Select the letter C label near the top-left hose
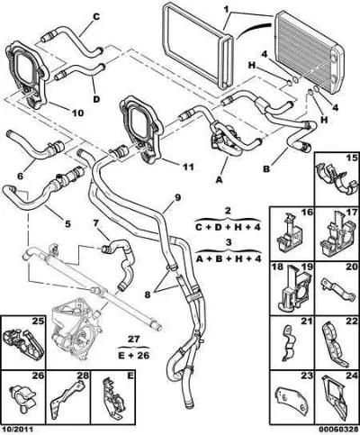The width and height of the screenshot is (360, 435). pos(95,17)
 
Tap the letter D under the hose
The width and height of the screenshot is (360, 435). pos(96,99)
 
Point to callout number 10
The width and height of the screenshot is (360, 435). pos(77,113)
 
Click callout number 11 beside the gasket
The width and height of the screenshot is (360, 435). pos(187,167)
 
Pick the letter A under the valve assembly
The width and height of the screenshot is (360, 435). pos(220,180)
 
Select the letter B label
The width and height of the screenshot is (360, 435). pos(266,169)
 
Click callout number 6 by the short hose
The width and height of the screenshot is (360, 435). pos(20,176)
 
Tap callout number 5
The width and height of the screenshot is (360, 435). pos(67,223)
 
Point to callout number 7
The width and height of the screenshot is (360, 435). pos(95,223)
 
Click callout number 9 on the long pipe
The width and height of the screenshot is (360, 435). pos(177,197)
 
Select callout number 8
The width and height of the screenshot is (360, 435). pos(148,295)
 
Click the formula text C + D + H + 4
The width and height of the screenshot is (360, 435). pos(228,227)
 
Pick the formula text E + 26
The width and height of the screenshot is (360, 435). pos(134,356)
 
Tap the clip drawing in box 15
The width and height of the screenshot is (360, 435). pos(337,178)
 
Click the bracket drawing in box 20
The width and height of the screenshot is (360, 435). pos(334,288)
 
